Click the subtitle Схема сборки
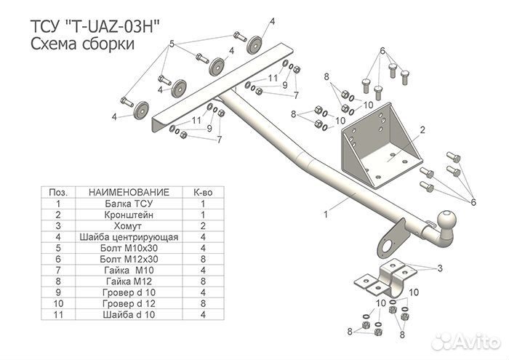click(82, 44)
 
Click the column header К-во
click(203, 192)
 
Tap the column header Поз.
click(57, 192)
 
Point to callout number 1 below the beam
click(326, 214)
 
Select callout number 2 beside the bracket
click(422, 131)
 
